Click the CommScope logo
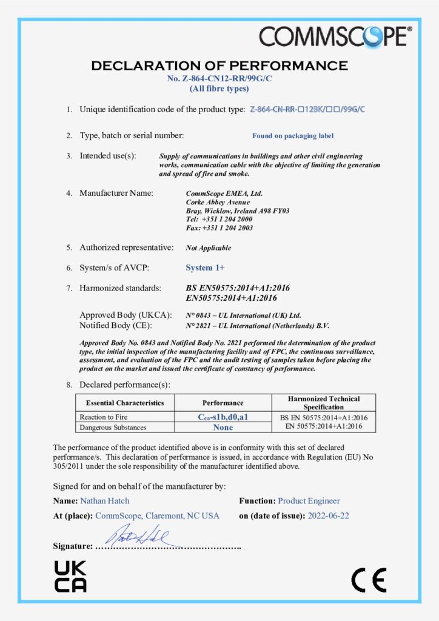pyautogui.click(x=335, y=37)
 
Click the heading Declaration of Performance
pyautogui.click(x=219, y=65)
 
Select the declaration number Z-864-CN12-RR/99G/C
pyautogui.click(x=219, y=79)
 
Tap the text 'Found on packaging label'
pyautogui.click(x=293, y=136)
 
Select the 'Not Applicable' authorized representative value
pyautogui.click(x=209, y=248)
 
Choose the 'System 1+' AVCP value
pyautogui.click(x=205, y=267)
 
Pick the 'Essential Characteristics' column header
pyautogui.click(x=125, y=403)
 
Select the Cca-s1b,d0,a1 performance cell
pyautogui.click(x=223, y=417)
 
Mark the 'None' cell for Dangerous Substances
pyautogui.click(x=223, y=427)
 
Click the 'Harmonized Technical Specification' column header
pyautogui.click(x=324, y=403)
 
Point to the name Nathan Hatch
pyautogui.click(x=105, y=501)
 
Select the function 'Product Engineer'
pyautogui.click(x=309, y=501)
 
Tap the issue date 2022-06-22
pyautogui.click(x=327, y=515)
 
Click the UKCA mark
pyautogui.click(x=70, y=576)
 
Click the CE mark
pyautogui.click(x=369, y=581)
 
